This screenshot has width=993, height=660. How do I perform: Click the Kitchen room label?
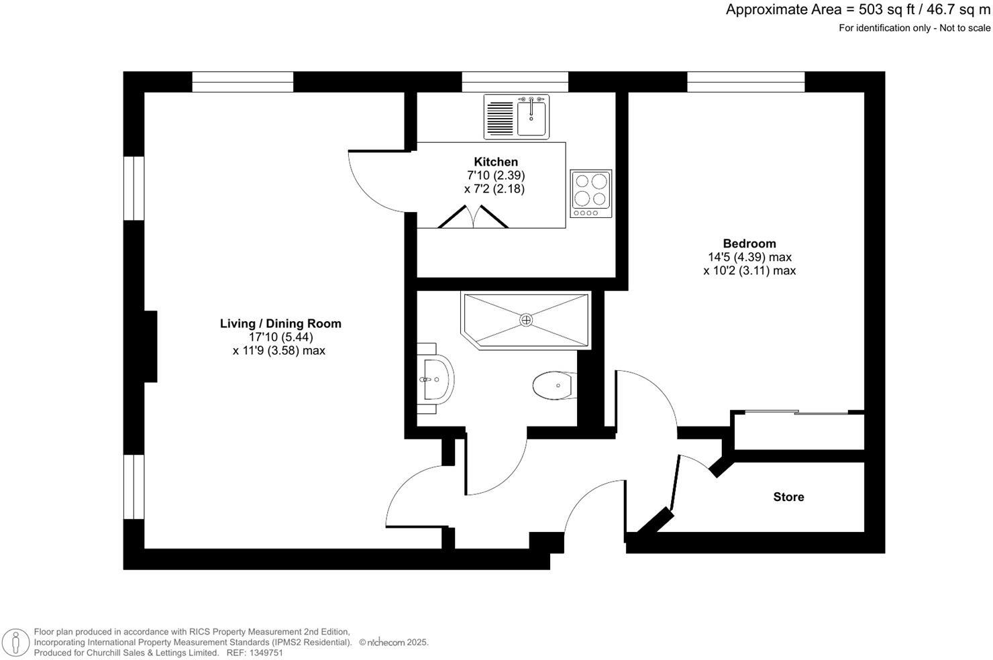point(496,162)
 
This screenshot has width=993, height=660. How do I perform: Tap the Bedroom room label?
point(749,243)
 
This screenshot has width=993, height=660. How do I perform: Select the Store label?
point(788,497)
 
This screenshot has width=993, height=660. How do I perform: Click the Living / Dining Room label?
point(280,323)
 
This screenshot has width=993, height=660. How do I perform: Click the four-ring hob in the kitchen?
point(591,193)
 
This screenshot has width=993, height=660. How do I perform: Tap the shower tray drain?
point(527,320)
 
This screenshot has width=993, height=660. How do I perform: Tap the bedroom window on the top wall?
point(745,82)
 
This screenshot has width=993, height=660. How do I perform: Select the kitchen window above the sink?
point(515,82)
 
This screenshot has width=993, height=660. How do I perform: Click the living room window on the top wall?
point(243,82)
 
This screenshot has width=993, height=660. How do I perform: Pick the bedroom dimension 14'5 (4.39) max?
point(749,257)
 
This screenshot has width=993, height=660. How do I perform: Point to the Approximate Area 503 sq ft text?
point(857,10)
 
